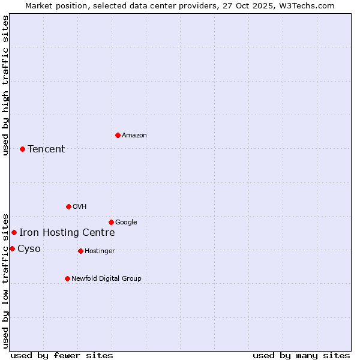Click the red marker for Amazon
tap(118, 135)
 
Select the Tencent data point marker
tap(22, 149)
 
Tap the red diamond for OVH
tap(68, 206)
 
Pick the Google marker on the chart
tap(111, 222)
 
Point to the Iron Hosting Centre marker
tap(14, 232)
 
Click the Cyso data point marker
tap(12, 248)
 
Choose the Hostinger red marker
tap(80, 251)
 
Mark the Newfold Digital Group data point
tap(67, 278)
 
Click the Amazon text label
tap(134, 136)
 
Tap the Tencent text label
tap(46, 149)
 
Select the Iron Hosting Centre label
tap(67, 233)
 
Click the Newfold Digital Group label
tap(106, 278)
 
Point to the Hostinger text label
tap(100, 251)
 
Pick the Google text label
tap(126, 223)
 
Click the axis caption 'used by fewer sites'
tap(62, 355)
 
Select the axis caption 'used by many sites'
tap(301, 355)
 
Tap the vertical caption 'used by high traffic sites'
tap(6, 85)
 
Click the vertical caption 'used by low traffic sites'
tap(6, 280)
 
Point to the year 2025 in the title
tap(259, 5)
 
